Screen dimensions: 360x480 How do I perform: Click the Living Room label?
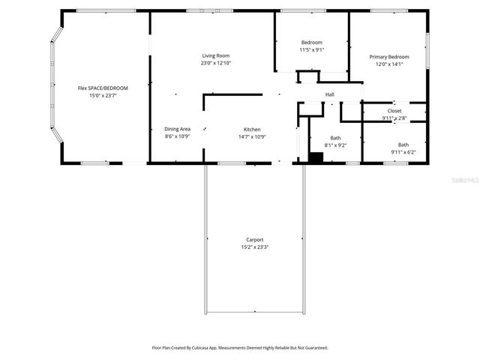click(x=215, y=56)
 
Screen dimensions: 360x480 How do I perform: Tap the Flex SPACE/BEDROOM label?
click(x=103, y=88)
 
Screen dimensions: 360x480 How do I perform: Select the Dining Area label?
click(x=178, y=129)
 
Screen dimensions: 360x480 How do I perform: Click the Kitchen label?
click(x=251, y=129)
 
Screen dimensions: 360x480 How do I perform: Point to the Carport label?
click(x=254, y=240)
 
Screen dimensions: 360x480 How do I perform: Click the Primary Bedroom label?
click(x=388, y=57)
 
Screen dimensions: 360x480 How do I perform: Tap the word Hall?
click(x=330, y=94)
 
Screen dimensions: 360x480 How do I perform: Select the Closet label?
click(x=394, y=110)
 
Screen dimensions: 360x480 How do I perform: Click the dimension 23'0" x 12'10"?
click(x=215, y=64)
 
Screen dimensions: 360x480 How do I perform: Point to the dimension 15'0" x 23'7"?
click(x=103, y=96)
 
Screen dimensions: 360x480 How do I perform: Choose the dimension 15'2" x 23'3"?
click(x=254, y=247)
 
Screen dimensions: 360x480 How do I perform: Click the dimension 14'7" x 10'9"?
click(x=251, y=136)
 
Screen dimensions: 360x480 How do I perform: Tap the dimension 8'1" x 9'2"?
click(x=335, y=145)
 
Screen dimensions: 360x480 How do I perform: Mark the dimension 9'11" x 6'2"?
click(x=403, y=152)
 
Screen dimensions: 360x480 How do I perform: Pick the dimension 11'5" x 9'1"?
click(x=311, y=49)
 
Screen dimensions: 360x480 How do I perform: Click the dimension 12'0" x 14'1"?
click(x=388, y=64)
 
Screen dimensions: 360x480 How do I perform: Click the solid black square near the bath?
click(x=316, y=157)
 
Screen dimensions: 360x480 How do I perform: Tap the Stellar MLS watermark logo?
click(x=463, y=180)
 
